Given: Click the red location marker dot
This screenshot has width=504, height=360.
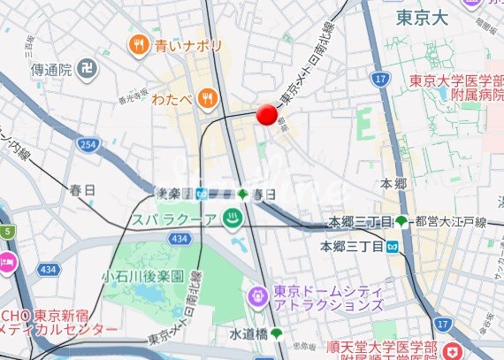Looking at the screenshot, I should click(x=266, y=114).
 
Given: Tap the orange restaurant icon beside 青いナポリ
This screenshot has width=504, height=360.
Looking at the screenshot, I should click(x=139, y=43).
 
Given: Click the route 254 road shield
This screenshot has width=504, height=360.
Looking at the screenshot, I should click(x=86, y=143).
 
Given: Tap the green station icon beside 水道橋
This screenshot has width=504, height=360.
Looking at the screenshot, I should click(x=277, y=333).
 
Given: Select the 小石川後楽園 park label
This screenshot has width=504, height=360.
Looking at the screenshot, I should click(x=142, y=276).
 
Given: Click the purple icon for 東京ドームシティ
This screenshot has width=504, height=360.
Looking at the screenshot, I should click(x=258, y=294).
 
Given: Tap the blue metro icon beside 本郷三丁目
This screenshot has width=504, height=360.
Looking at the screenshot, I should click(x=391, y=246).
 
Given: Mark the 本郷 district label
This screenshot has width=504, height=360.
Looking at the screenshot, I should click(x=393, y=183).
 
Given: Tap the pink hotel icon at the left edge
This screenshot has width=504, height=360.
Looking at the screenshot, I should click(x=5, y=262).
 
